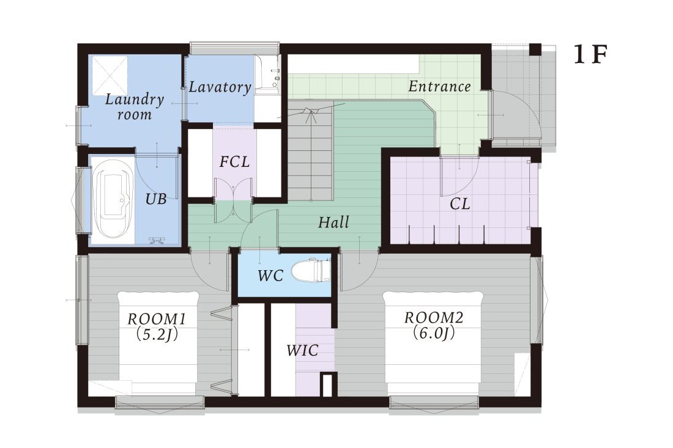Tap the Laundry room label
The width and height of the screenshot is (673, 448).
[x=135, y=107]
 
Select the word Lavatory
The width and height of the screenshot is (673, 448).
[x=220, y=87]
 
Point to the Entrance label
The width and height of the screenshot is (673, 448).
[x=439, y=87]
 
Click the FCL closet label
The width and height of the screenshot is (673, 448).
[x=234, y=161]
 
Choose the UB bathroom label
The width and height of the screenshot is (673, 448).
[x=156, y=199]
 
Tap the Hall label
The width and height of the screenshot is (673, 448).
[x=333, y=222]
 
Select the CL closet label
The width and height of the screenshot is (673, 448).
[x=459, y=204]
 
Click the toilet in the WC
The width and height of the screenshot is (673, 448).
[x=311, y=271]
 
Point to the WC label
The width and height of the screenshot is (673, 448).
[x=270, y=276]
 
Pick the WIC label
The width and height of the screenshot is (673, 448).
[x=303, y=350]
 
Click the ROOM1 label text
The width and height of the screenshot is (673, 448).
[x=157, y=319]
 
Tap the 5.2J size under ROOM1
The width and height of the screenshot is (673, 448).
[x=157, y=334]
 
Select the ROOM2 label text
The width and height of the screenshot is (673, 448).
[x=434, y=318]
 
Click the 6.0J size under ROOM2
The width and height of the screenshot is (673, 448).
[x=434, y=332]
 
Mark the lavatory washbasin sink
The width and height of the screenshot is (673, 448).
[x=267, y=75]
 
